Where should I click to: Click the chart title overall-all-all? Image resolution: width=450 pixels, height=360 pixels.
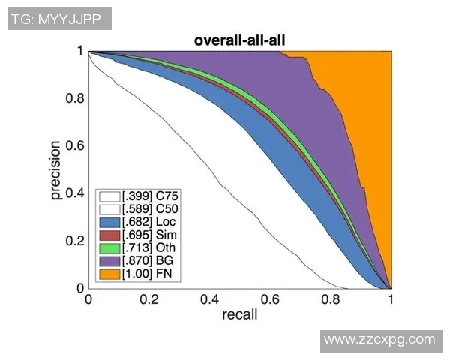(239, 41)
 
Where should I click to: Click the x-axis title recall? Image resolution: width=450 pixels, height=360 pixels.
(239, 314)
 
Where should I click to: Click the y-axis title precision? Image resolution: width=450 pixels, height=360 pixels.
(55, 169)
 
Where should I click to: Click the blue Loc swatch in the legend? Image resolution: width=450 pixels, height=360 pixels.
(108, 223)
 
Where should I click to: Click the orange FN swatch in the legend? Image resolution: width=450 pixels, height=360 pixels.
(108, 274)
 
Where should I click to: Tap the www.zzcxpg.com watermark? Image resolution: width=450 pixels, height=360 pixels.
(383, 340)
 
